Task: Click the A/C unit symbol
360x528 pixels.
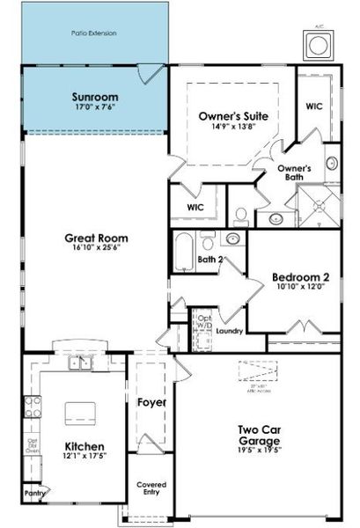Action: pos(316,44)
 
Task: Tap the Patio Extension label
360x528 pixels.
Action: pos(93,33)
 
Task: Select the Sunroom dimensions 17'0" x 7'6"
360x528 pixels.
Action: pos(94,108)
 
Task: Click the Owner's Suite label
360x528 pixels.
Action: pos(233,115)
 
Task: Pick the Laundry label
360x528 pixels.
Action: pos(229,332)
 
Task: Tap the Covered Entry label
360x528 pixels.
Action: pos(151,489)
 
